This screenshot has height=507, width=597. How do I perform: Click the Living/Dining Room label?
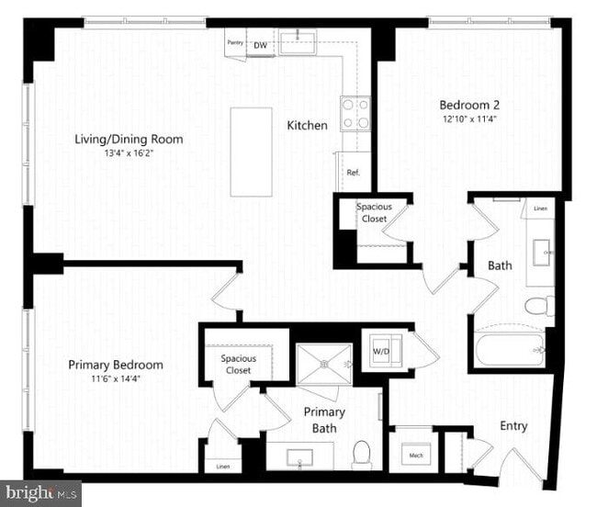[x=129, y=140]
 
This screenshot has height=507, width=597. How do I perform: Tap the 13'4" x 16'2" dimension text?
[x=129, y=153]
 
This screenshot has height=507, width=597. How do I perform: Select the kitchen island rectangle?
[x=251, y=152]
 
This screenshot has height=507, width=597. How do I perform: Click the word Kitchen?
[x=307, y=125]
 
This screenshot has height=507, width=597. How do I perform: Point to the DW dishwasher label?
[x=261, y=44]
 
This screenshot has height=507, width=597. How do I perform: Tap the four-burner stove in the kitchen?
[x=355, y=114]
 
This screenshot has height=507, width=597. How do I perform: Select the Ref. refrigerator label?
[x=353, y=173]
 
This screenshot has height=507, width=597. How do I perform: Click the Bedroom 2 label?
[x=468, y=105]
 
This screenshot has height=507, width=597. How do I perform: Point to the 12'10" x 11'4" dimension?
[x=468, y=118]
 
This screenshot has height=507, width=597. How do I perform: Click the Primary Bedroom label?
[x=116, y=365]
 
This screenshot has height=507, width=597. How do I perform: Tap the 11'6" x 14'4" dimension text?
[x=116, y=377]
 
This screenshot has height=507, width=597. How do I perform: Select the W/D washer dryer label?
[x=379, y=349]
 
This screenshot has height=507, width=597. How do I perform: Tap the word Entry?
[x=513, y=426]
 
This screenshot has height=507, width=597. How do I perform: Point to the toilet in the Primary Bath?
[x=362, y=452]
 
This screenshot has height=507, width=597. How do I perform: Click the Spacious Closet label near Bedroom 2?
[x=374, y=213]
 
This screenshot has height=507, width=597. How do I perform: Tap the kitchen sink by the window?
[x=298, y=39]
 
